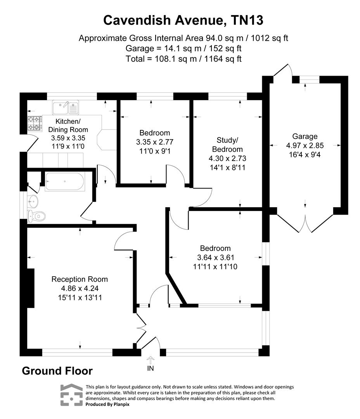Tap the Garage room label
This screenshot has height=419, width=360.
click(305, 136)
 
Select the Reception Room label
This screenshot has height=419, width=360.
click(80, 279)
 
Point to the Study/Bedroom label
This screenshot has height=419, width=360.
click(227, 144)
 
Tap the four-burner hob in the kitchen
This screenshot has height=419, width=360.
click(34, 123)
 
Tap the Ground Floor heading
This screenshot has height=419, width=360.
click(57, 371)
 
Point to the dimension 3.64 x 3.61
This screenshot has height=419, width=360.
click(215, 258)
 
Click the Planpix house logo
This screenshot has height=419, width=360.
click(71, 395)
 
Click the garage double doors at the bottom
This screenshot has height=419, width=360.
click(305, 223)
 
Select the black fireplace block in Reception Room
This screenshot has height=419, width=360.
click(30, 288)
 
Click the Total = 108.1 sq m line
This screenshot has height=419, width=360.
click(183, 59)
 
